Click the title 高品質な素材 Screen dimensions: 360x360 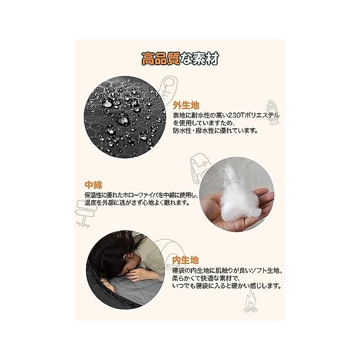pyautogui.click(x=180, y=58)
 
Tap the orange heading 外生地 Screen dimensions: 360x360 pyautogui.click(x=186, y=105)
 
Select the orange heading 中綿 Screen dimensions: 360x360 pyautogui.click(x=93, y=185)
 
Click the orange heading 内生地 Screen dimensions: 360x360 pyautogui.click(x=186, y=260)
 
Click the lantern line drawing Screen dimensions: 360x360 pyautogui.click(x=272, y=112)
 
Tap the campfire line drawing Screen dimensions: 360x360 pyautogui.click(x=251, y=301)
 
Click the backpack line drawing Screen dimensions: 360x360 pyautogui.click(x=197, y=168)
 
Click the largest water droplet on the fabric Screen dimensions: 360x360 pyautogui.click(x=123, y=119)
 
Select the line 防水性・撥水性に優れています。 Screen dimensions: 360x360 pyautogui.click(x=215, y=131)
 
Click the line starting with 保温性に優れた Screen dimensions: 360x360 pyautogui.click(x=141, y=195)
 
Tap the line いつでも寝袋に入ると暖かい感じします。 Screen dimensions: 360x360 pyautogui.click(x=227, y=286)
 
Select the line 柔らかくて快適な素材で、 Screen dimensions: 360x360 pyautogui.click(x=206, y=278)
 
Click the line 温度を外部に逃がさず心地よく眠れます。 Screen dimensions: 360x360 pyautogui.click(x=137, y=203)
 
